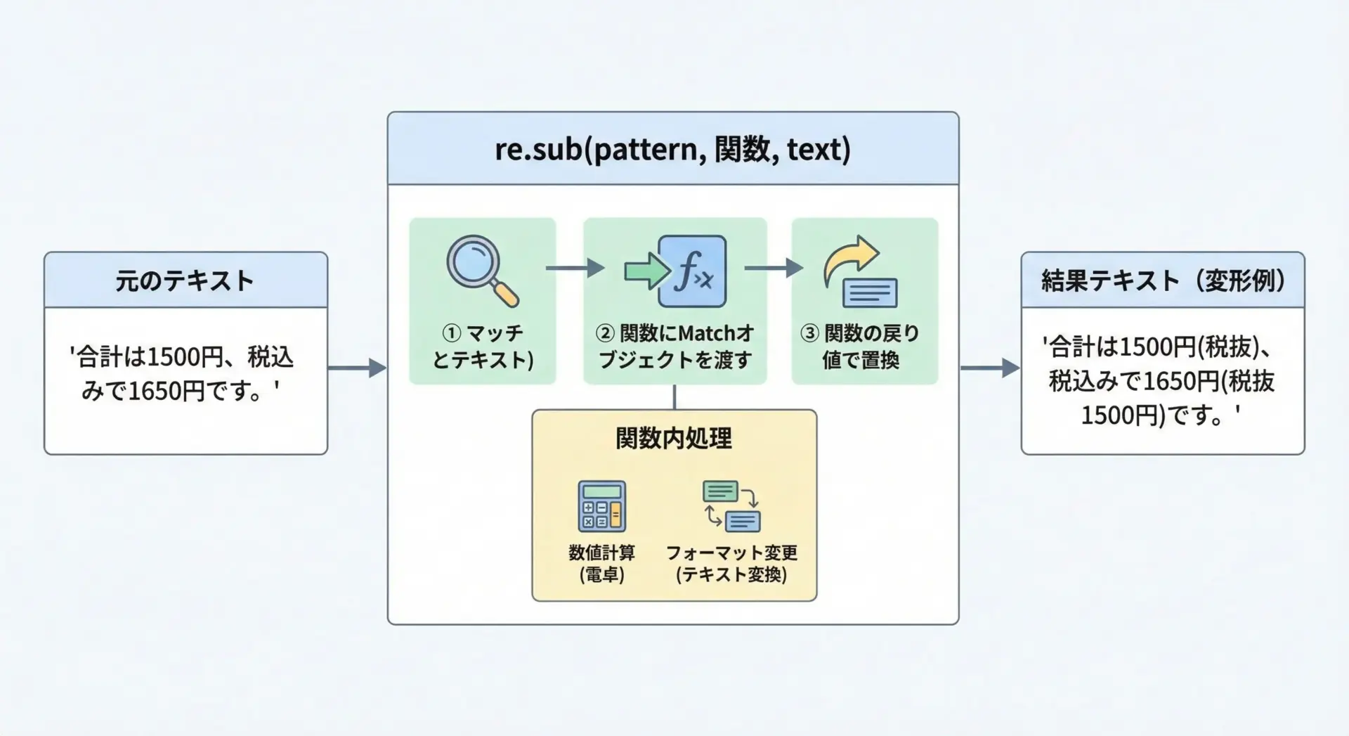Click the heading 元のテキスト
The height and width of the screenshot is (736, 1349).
(185, 281)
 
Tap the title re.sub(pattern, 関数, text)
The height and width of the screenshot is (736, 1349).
(672, 150)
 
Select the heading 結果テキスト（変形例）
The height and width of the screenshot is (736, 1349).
(1163, 281)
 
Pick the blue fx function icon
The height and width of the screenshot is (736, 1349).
(692, 271)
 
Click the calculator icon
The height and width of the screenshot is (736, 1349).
(601, 506)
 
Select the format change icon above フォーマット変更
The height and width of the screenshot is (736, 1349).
(731, 506)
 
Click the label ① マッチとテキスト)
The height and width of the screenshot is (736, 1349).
(483, 346)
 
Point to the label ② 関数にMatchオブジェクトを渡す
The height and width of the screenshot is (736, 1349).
(674, 346)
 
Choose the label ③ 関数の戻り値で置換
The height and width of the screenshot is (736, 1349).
(861, 346)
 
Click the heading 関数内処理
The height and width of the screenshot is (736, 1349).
(674, 439)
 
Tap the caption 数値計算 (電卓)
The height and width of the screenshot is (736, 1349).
(602, 563)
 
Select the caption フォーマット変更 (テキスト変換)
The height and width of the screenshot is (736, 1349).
(731, 563)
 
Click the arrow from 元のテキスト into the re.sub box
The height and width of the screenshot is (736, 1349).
(357, 368)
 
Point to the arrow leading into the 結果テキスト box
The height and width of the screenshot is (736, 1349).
(989, 368)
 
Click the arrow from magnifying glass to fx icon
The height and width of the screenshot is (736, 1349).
(575, 268)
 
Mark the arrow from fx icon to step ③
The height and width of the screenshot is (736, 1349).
(774, 268)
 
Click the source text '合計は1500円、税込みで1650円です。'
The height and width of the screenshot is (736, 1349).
(181, 373)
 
